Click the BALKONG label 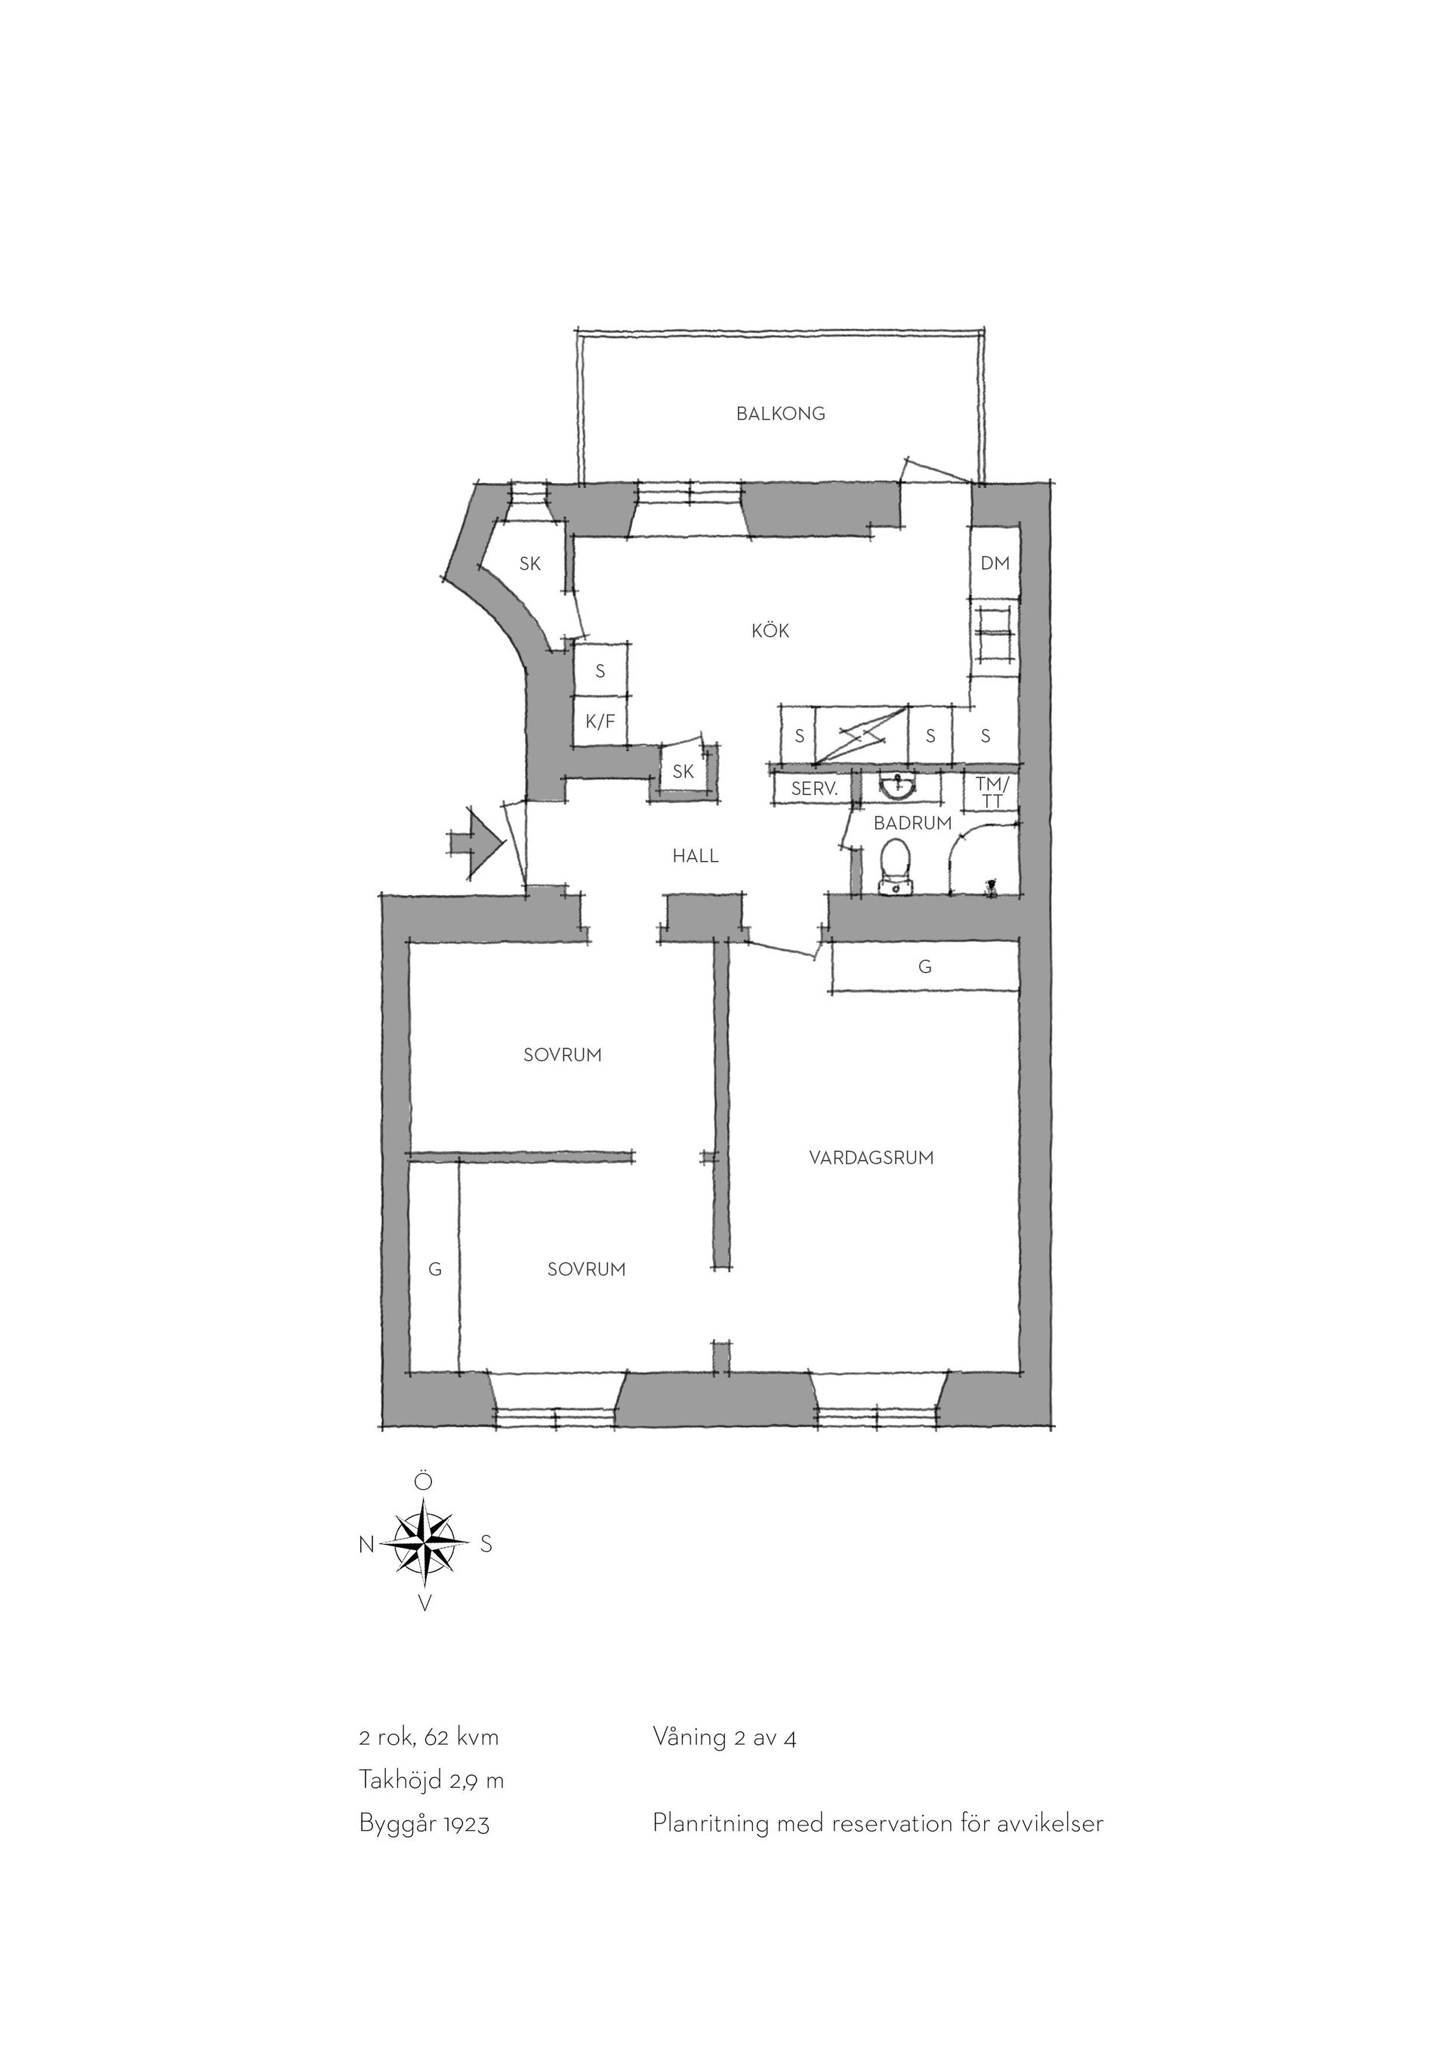point(780,414)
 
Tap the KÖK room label point(770,631)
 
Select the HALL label point(696,857)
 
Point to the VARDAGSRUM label point(872,1158)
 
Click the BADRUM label point(912,823)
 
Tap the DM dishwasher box point(995,563)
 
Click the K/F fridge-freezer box point(600,721)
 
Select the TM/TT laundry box point(992,792)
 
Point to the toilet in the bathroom point(896,865)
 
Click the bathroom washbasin point(896,786)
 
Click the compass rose point(425,1544)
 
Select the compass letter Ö point(424,1482)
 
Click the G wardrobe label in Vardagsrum point(925,967)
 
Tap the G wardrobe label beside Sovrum point(435,1269)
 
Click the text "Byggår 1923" point(424,1824)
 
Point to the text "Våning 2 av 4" point(724,1737)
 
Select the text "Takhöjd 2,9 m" point(431,1780)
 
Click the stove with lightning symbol point(862,735)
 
